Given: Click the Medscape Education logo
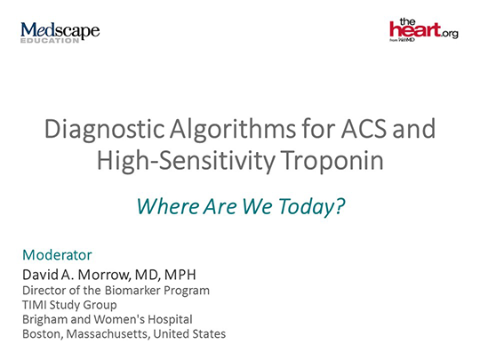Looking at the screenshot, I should [60, 32].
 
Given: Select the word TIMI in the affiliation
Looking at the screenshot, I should [36, 304].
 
